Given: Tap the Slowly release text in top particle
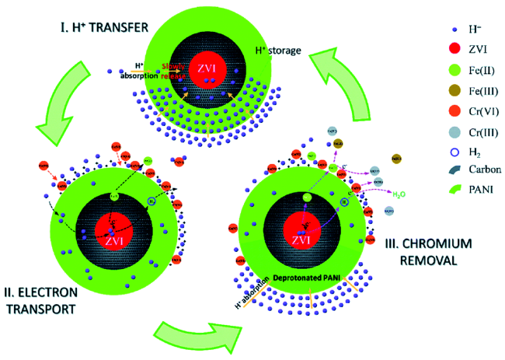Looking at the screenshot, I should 175,68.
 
